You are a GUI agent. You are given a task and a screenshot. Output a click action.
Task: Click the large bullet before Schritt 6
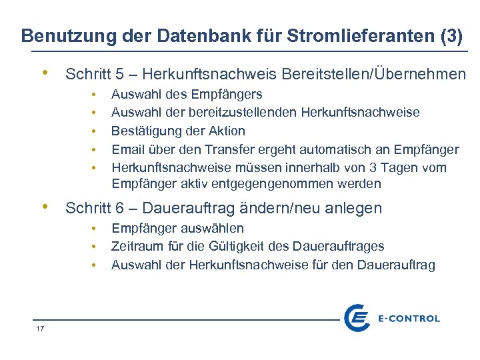tap(44, 207)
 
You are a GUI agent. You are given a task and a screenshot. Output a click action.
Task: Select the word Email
tap(127, 149)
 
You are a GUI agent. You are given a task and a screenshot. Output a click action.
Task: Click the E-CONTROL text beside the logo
tap(409, 319)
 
